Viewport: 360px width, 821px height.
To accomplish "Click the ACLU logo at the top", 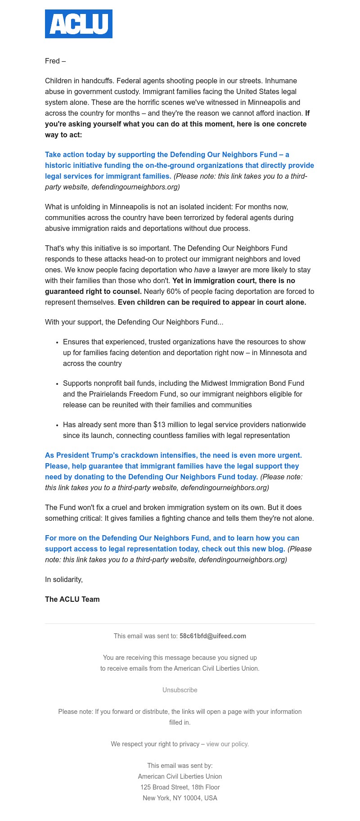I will pyautogui.click(x=79, y=24).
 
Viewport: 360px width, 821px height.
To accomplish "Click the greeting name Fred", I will pyautogui.click(x=52, y=61).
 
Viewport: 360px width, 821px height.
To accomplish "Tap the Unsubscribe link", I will pyautogui.click(x=180, y=690).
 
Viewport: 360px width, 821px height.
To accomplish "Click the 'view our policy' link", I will pyautogui.click(x=227, y=744).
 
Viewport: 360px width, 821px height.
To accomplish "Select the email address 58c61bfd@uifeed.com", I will pyautogui.click(x=212, y=636).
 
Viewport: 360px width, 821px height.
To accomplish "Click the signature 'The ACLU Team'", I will pyautogui.click(x=72, y=600).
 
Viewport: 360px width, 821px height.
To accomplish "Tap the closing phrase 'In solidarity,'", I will pyautogui.click(x=64, y=580).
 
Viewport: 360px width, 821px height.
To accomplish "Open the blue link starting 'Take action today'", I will pyautogui.click(x=166, y=155).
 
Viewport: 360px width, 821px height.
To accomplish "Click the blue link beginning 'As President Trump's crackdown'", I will pyautogui.click(x=173, y=456).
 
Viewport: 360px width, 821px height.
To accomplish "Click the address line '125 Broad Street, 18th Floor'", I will pyautogui.click(x=180, y=787).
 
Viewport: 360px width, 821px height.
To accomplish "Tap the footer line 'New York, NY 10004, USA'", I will pyautogui.click(x=180, y=798).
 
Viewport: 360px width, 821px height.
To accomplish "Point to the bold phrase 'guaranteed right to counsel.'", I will pyautogui.click(x=93, y=292).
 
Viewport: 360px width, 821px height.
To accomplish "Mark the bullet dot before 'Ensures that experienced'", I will pyautogui.click(x=58, y=343).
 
